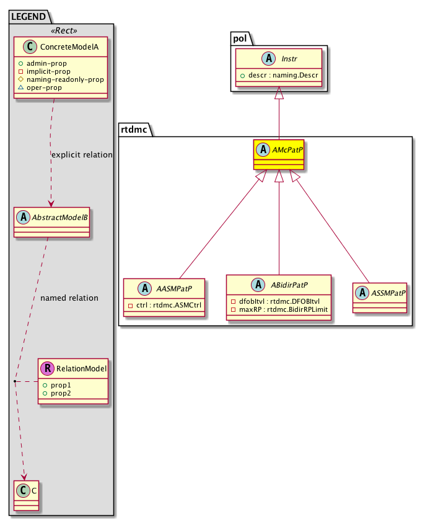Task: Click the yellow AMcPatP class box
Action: tap(278, 154)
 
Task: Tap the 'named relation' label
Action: tap(69, 298)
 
